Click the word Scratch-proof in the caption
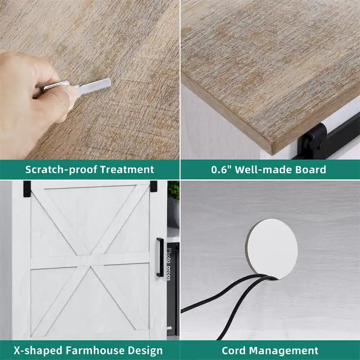coord(61,170)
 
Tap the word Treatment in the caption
coord(127,170)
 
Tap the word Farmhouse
coord(95,351)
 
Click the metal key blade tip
coord(109,81)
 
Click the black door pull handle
coord(160,257)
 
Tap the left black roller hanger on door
coord(27,189)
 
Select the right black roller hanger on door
coord(153,186)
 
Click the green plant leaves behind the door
coord(174,191)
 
